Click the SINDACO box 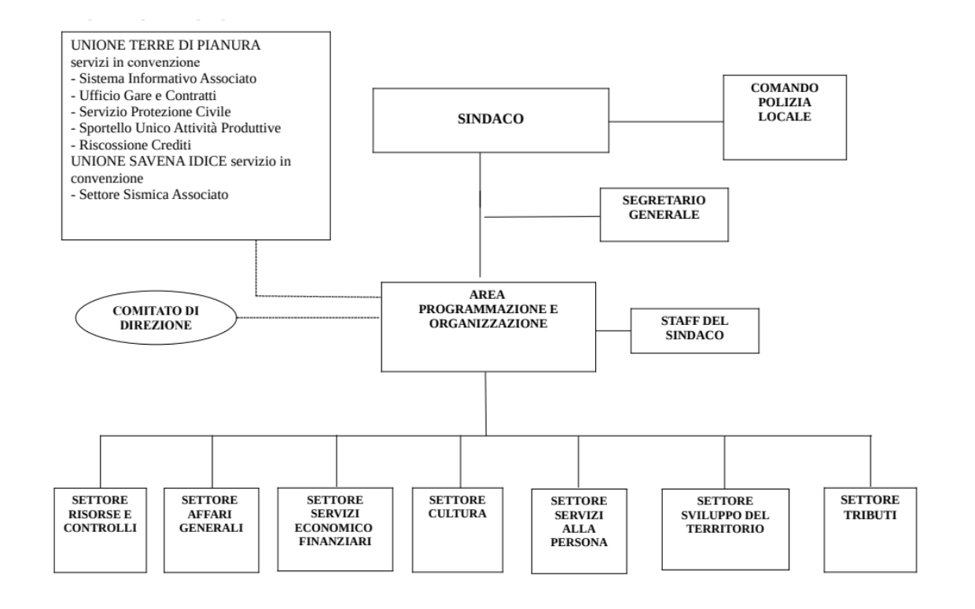point(491,120)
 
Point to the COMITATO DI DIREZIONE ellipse point(156,318)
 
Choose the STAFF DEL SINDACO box point(694,330)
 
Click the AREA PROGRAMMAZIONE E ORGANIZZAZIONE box point(485,326)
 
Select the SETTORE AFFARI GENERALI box point(212,528)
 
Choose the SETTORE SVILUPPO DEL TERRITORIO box point(724,528)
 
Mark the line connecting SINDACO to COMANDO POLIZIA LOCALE point(667,122)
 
